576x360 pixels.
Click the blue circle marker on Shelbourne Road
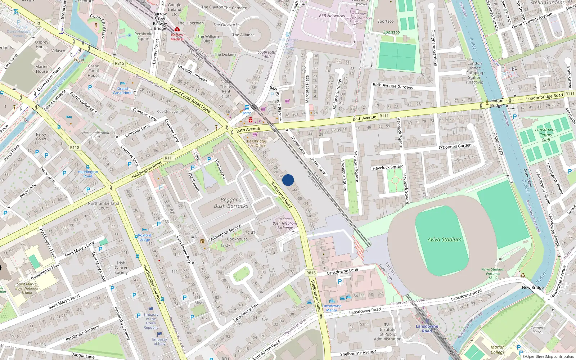(x=288, y=180)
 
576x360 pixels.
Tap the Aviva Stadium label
(x=444, y=239)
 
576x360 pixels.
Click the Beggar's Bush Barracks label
(x=231, y=203)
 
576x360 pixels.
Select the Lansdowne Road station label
(x=427, y=328)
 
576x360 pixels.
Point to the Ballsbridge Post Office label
(x=256, y=143)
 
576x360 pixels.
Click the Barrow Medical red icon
(x=177, y=29)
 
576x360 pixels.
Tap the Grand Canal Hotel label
(x=122, y=91)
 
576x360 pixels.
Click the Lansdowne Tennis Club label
(x=546, y=135)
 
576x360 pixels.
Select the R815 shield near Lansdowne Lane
(x=311, y=273)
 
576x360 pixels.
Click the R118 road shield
(x=75, y=148)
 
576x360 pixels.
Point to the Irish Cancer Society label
(x=121, y=268)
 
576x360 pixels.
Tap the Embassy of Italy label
(x=159, y=341)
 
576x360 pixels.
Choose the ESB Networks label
(x=332, y=16)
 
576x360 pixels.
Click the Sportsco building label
(x=385, y=21)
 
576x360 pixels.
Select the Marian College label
(x=498, y=350)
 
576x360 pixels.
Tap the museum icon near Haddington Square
(x=202, y=241)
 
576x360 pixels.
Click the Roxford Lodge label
(x=144, y=237)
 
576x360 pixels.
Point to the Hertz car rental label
(x=246, y=113)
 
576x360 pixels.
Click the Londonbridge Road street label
(x=544, y=96)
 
